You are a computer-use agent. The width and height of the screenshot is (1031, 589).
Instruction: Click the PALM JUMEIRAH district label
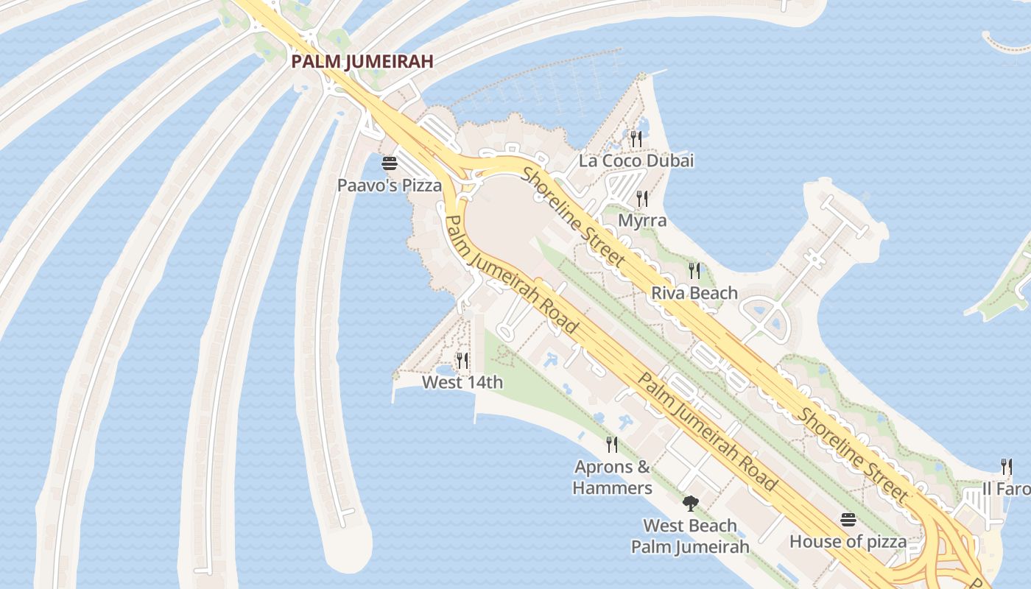click(362, 61)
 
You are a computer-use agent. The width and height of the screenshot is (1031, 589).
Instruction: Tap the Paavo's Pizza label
click(390, 185)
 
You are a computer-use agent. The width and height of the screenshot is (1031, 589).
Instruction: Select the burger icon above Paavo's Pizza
click(389, 163)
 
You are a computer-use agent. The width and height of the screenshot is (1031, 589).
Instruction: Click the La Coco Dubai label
click(636, 161)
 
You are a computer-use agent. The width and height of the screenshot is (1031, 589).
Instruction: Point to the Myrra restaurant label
click(642, 220)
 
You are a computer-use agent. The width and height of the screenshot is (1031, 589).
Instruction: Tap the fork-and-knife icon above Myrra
click(642, 199)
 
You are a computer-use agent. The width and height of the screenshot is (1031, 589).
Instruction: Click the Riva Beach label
click(694, 293)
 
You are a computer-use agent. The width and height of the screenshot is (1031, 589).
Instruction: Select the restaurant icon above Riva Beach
click(694, 271)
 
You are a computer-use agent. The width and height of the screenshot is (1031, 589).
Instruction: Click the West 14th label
click(462, 382)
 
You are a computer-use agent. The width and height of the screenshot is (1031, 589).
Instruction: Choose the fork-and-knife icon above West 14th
click(462, 360)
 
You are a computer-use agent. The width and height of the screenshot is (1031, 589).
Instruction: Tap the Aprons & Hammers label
click(613, 477)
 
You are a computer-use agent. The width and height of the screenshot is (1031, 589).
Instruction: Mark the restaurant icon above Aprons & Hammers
click(612, 445)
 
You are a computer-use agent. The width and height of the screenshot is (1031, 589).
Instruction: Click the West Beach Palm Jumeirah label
click(690, 536)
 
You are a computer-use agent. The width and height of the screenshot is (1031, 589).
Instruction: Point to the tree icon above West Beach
click(690, 504)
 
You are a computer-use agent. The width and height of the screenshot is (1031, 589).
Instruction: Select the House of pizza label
click(848, 542)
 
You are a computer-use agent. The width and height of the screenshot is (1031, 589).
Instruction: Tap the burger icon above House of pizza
click(848, 520)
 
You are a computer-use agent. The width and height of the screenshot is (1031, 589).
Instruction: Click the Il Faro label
click(1007, 489)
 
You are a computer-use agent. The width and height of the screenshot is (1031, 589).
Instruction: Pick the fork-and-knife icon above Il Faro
click(1007, 467)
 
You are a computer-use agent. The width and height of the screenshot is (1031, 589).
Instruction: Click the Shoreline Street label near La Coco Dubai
click(574, 217)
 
